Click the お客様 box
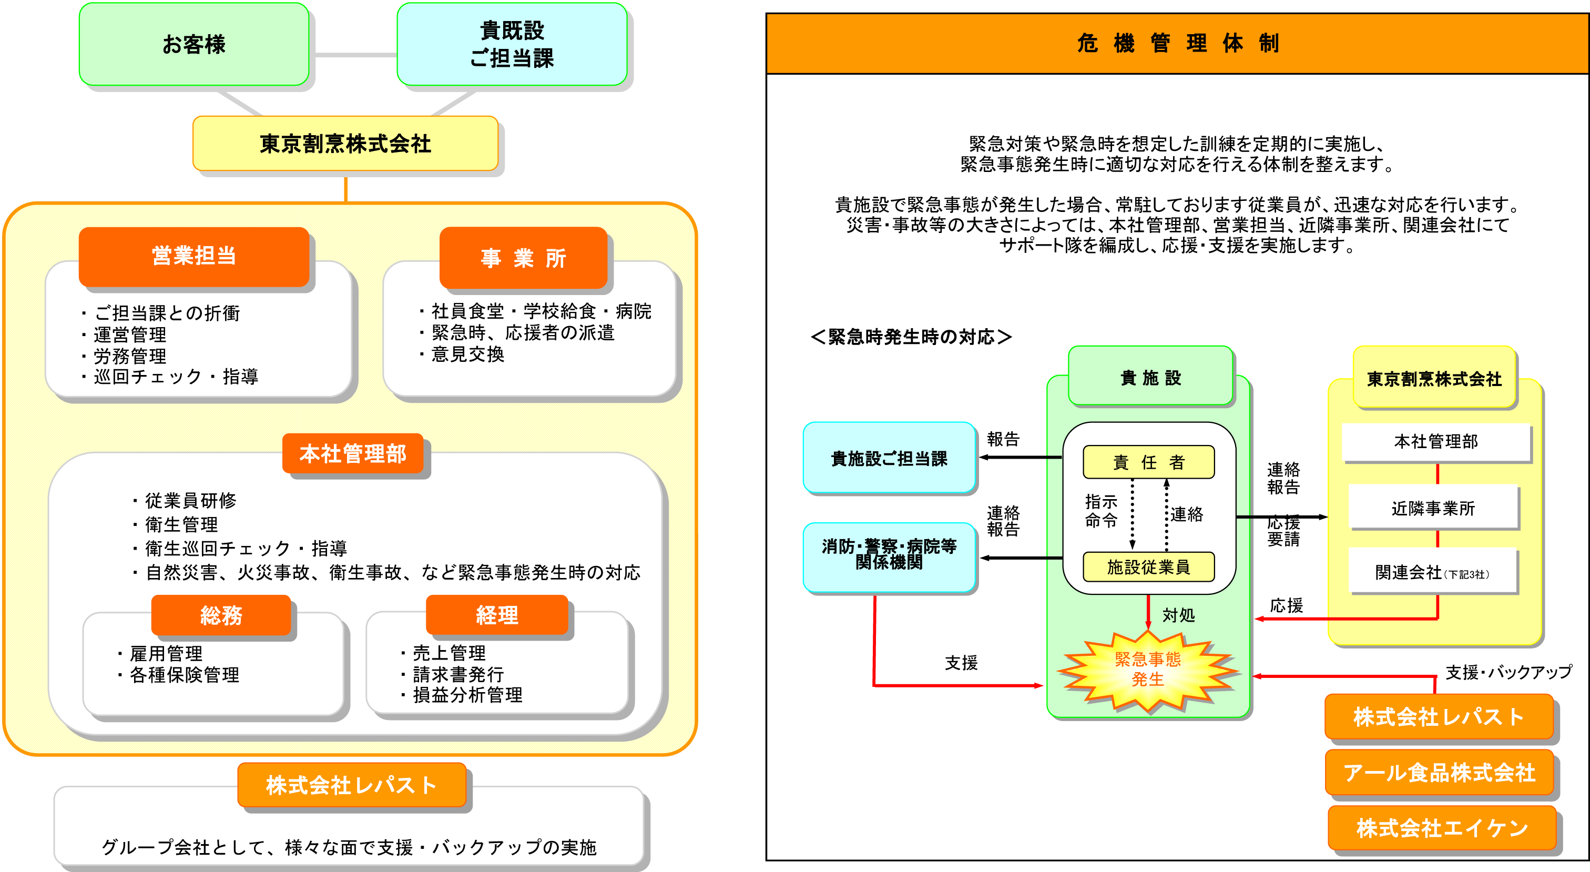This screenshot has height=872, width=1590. pos(194,45)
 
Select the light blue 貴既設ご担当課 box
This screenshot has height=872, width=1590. pos(512,45)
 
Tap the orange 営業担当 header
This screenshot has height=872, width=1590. pos(194,256)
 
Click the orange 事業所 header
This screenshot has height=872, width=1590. pos(523,258)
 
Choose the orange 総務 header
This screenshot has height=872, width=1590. pos(221,615)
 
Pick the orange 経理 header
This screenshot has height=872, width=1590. pos(497,615)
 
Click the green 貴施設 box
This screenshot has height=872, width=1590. pos(1150,377)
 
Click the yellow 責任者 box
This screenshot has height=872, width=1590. pos(1149,462)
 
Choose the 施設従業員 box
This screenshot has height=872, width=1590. pos(1149,567)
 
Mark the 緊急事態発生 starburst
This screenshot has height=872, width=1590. pos(1147,670)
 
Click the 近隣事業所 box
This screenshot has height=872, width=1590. pos(1433,508)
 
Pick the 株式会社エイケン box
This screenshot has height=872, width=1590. pos(1442,828)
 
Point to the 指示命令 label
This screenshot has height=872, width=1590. pos(1101,511)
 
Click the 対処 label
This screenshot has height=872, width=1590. pos(1178,615)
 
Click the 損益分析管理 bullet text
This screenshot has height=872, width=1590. pos(467,695)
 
